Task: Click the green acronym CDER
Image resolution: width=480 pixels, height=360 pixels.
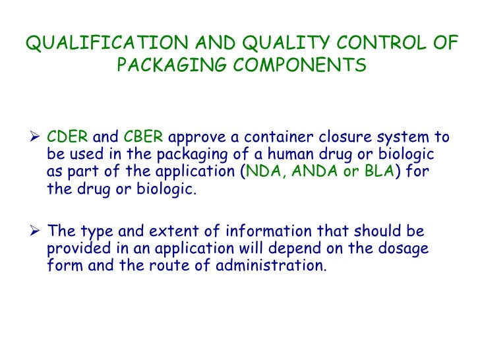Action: click(68, 138)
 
